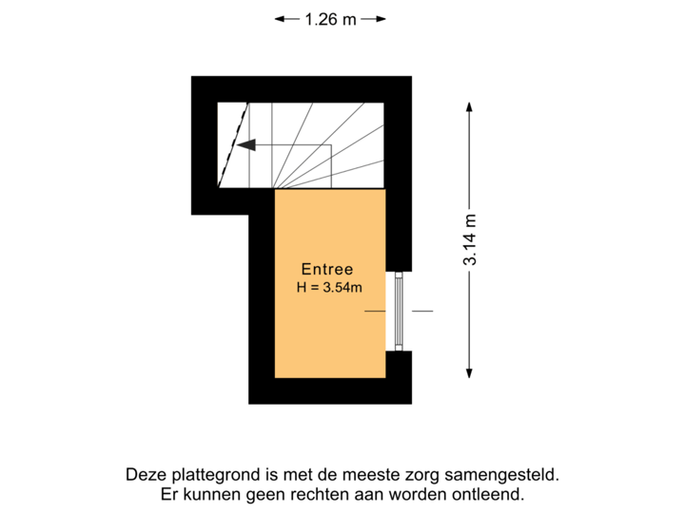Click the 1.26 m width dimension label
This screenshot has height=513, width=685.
click(x=330, y=18)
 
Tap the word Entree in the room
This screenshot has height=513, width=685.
click(x=328, y=269)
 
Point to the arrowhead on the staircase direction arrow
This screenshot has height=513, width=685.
click(x=246, y=145)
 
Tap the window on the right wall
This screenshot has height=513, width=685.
click(x=400, y=311)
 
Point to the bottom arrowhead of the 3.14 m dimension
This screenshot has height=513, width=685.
click(x=469, y=373)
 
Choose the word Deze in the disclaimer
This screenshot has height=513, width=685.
click(x=144, y=474)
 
